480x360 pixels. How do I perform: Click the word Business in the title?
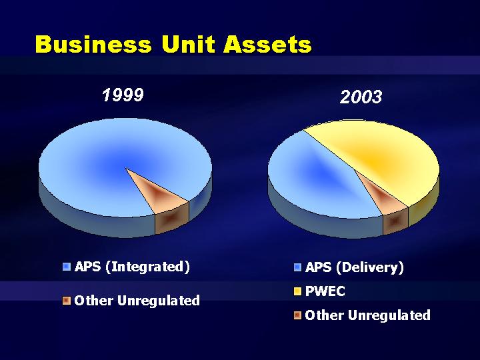[x=93, y=45]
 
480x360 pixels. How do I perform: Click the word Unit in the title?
[x=187, y=45]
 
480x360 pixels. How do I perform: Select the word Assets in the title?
[x=267, y=45]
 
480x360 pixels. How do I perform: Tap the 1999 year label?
[x=123, y=95]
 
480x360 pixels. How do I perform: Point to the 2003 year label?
[x=361, y=97]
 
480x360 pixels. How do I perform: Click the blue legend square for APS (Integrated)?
[x=67, y=267]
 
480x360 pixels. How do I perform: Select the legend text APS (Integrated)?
[x=132, y=267]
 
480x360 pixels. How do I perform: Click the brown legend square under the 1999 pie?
[x=67, y=300]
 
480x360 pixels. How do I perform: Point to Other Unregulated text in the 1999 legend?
[x=137, y=300]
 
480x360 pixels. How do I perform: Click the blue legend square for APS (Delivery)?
[x=297, y=267]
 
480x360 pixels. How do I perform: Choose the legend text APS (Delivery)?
[x=355, y=267]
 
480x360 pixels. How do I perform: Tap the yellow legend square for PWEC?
[x=297, y=291]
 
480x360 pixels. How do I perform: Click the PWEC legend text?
[x=325, y=291]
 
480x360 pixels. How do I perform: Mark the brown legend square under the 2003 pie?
[x=297, y=315]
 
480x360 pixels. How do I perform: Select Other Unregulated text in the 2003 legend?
[x=367, y=315]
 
